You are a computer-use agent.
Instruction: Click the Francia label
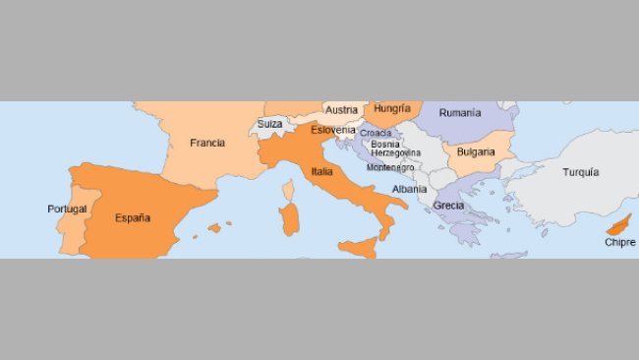(x=207, y=143)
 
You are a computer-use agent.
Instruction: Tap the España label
(x=133, y=218)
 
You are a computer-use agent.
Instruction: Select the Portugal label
(x=67, y=209)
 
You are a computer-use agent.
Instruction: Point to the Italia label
(x=321, y=171)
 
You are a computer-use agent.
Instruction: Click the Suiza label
(x=269, y=125)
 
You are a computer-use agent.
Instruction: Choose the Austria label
(x=341, y=110)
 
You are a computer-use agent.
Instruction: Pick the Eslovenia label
(x=332, y=130)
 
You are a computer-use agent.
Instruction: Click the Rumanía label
(x=460, y=113)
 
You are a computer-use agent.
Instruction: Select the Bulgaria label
(x=476, y=152)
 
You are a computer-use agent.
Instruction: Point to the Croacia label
(x=376, y=133)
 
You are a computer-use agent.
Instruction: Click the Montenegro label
(x=390, y=167)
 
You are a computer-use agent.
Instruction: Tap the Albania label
(x=409, y=189)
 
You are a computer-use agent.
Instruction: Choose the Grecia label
(x=448, y=206)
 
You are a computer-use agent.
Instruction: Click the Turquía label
(x=580, y=172)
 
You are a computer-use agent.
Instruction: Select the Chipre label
(x=619, y=242)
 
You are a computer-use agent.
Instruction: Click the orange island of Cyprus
(x=620, y=224)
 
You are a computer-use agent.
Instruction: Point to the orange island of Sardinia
(x=289, y=219)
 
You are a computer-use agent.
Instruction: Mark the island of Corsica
(x=289, y=189)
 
